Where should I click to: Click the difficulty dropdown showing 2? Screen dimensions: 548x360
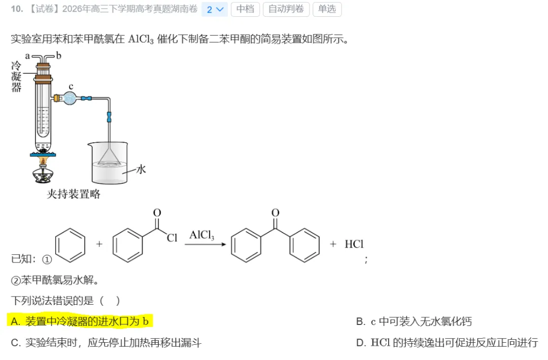pos(214,10)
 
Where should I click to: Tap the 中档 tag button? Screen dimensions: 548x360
pos(245,9)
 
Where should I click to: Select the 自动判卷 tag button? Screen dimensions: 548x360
pos(286,9)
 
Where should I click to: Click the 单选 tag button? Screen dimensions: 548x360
pos(327,9)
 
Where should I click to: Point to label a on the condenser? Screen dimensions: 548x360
pos(27,56)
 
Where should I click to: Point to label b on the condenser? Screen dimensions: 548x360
pos(59,55)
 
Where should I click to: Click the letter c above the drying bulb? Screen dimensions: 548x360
pos(71,86)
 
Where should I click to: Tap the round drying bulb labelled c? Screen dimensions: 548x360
pos(70,99)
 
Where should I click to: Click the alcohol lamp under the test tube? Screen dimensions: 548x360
pos(43,172)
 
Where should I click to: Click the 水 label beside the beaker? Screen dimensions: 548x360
pos(141,169)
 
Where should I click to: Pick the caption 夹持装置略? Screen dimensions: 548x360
pos(74,194)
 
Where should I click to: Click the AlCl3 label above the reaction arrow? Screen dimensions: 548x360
pos(201,235)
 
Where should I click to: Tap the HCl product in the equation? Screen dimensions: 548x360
pos(354,244)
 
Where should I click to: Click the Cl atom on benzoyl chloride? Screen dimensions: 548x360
pos(172,238)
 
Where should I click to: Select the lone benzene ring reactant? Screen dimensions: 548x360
pos(70,245)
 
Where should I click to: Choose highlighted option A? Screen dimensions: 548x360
pos(80,321)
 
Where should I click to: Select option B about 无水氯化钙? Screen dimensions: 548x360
pos(414,321)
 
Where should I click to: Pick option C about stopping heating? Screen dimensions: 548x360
pos(106,343)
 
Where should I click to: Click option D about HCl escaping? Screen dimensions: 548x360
pos(447,343)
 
